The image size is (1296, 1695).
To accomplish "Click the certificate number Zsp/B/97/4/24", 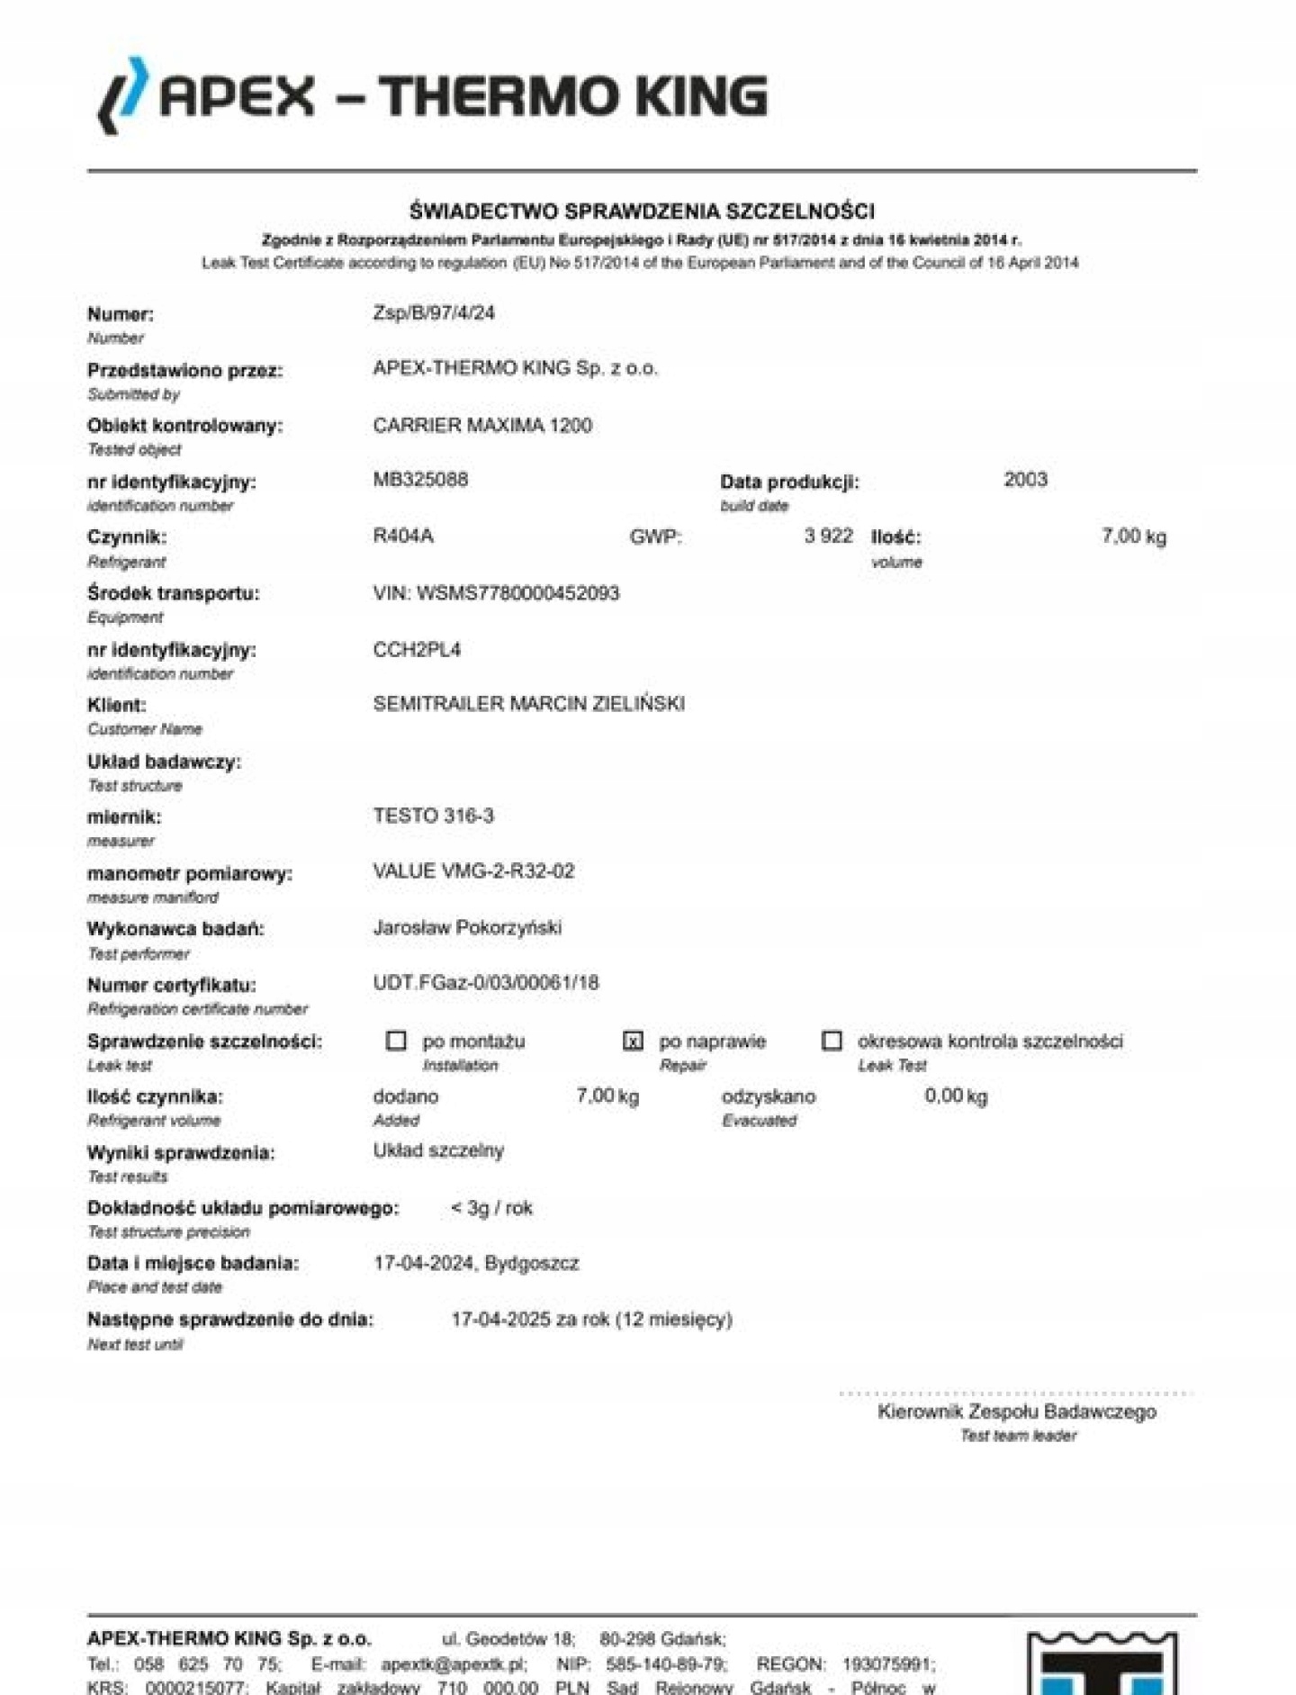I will [434, 313].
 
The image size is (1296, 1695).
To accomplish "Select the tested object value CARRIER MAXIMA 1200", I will [482, 425].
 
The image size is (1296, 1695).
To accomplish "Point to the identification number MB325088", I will [420, 480].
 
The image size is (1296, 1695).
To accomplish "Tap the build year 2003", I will [1025, 480].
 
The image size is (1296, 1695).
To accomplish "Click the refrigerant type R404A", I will [403, 536].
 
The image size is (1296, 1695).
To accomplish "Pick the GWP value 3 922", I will [828, 536].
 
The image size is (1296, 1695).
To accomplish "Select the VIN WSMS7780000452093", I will [497, 593].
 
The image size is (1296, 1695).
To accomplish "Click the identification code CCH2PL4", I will [417, 649].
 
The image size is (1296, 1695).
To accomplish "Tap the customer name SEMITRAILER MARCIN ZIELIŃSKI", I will [528, 704].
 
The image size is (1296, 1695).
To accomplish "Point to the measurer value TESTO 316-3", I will [433, 816].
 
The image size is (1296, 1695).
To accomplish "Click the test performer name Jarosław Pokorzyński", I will [467, 927].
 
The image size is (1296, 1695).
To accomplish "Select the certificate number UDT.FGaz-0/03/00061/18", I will [486, 983].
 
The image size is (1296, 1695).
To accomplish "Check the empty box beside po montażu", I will [396, 1041].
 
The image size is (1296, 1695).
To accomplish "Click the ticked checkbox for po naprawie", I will [633, 1041].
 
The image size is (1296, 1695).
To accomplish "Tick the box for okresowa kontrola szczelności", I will [832, 1041].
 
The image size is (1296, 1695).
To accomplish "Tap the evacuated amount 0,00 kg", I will [956, 1096].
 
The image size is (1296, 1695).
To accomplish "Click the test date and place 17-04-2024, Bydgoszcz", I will [476, 1264].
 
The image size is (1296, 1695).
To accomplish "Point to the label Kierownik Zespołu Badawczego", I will [1017, 1412].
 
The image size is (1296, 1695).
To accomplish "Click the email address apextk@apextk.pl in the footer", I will [454, 1664].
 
